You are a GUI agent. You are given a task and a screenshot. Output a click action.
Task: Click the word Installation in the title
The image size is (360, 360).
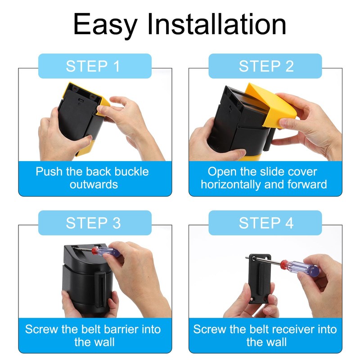click(x=217, y=24)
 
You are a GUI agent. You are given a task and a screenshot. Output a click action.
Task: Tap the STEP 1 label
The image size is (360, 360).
click(x=93, y=66)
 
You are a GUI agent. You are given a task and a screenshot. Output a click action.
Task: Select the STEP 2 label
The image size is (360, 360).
click(x=266, y=66)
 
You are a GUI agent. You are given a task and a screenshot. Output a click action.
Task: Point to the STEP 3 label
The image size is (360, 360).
click(x=93, y=223)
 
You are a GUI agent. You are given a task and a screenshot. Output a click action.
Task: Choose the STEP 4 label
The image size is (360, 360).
click(x=266, y=223)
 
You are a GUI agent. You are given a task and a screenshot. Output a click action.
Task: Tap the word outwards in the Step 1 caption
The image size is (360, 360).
click(x=94, y=184)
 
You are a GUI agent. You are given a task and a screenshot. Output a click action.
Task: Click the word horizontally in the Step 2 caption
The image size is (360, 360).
click(x=231, y=184)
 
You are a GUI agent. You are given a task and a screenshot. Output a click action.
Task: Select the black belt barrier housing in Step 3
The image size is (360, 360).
click(x=87, y=278)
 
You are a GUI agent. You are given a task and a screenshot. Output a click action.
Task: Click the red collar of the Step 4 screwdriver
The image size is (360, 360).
click(x=284, y=264)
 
